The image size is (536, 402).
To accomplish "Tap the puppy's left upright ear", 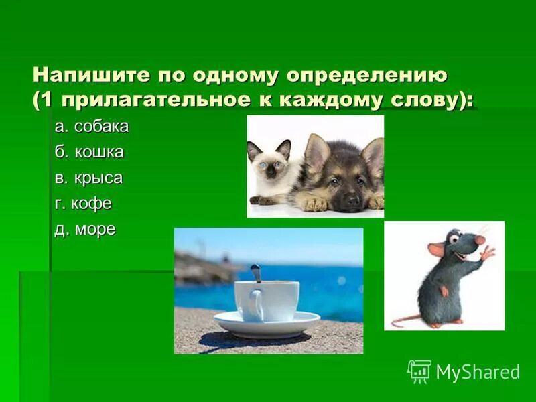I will point(316,149).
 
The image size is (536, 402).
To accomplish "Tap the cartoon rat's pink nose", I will point(479,240).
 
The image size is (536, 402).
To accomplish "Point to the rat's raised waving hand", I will point(487,253).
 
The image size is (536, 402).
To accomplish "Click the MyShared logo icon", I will point(419,371).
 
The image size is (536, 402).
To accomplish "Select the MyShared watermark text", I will point(478,372).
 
